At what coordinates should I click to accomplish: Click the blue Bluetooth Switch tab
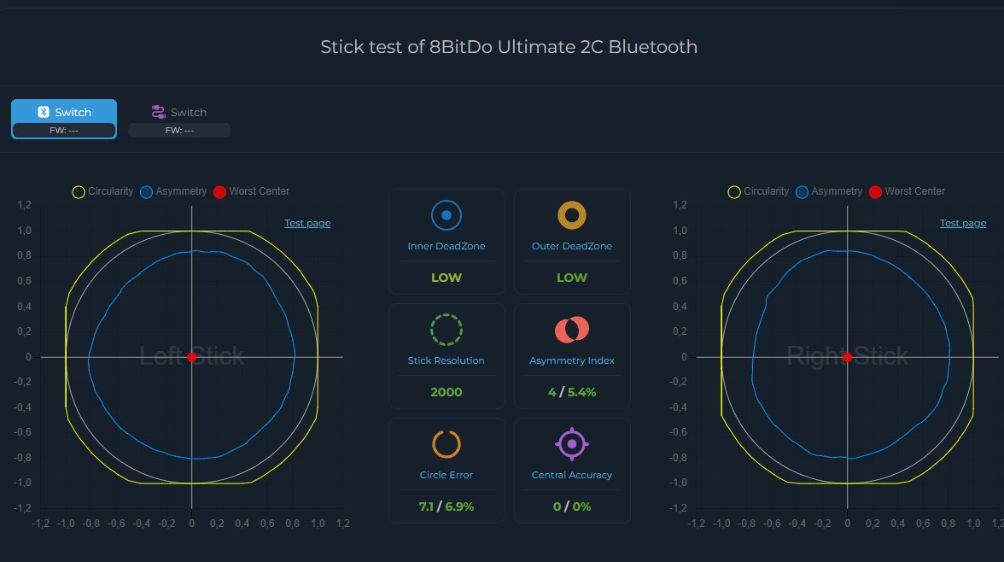click(64, 113)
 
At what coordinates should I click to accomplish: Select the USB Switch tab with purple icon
click(179, 113)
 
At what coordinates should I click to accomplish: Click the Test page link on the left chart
click(307, 223)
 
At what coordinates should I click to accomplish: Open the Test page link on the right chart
click(963, 223)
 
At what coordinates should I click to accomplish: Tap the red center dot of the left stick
click(192, 357)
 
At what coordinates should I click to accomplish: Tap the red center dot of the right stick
click(847, 357)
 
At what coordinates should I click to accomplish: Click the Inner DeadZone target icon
click(446, 216)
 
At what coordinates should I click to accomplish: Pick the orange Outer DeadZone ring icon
click(572, 216)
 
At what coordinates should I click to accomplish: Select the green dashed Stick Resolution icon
click(446, 330)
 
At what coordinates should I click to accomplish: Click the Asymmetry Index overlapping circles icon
click(572, 330)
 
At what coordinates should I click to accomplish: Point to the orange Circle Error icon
click(446, 444)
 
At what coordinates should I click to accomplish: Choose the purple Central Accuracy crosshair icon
click(572, 444)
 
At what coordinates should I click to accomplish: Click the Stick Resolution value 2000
click(446, 392)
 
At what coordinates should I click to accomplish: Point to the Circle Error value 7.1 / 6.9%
click(446, 506)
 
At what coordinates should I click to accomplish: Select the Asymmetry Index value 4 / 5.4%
click(572, 392)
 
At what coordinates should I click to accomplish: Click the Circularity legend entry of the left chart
click(102, 191)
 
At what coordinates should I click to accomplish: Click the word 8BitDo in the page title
click(461, 47)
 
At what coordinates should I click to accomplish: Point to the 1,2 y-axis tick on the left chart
click(24, 205)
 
